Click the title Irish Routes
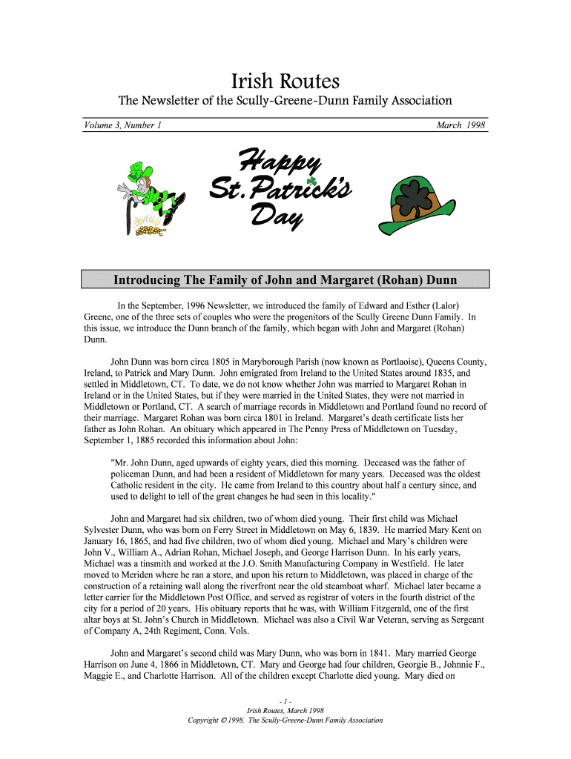[x=285, y=81]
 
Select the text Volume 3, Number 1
[x=122, y=125]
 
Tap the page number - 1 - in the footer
[x=285, y=701]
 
